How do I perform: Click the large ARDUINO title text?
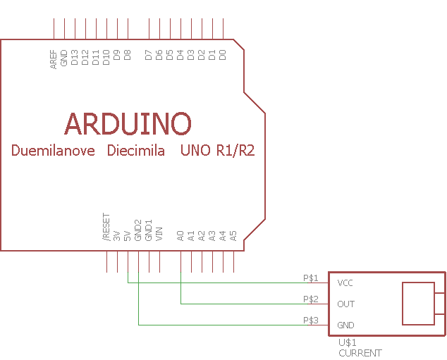(x=128, y=123)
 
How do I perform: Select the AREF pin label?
(x=54, y=59)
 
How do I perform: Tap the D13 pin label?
(x=75, y=57)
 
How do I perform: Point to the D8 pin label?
(x=127, y=55)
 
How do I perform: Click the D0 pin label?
(x=222, y=55)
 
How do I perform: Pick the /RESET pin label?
(x=106, y=227)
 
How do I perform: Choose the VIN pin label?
(x=159, y=234)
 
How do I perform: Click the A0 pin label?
(x=180, y=236)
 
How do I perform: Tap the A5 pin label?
(x=233, y=236)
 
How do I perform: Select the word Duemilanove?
(x=53, y=150)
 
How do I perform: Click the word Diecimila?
(x=135, y=150)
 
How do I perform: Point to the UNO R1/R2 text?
(x=218, y=150)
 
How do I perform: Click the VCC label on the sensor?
(x=345, y=283)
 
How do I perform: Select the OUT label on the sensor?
(x=345, y=304)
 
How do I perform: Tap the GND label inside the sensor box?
(x=345, y=325)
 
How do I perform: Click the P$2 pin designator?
(x=311, y=299)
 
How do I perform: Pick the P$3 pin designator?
(x=311, y=320)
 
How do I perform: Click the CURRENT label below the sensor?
(x=360, y=353)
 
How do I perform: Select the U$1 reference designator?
(x=347, y=342)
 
